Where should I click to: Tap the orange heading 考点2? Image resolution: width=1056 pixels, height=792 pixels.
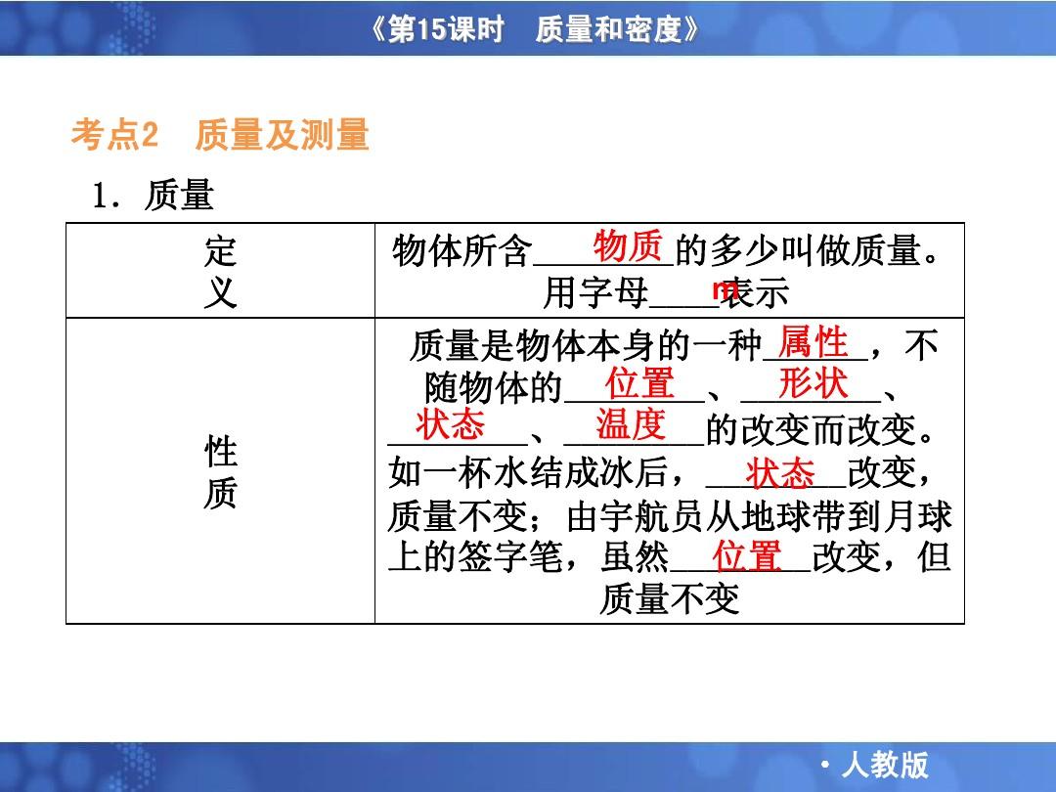click(x=114, y=134)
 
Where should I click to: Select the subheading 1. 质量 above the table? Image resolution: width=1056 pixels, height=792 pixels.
click(x=153, y=196)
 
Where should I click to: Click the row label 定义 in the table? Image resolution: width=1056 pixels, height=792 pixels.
click(x=221, y=272)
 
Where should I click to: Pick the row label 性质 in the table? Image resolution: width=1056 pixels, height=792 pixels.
click(x=221, y=471)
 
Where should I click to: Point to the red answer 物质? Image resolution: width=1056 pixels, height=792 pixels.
click(x=628, y=245)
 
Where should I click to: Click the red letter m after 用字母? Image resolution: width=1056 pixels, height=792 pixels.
click(x=724, y=288)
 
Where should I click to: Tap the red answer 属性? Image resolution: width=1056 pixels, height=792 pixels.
click(x=813, y=341)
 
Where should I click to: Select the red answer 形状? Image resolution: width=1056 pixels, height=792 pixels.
click(x=813, y=383)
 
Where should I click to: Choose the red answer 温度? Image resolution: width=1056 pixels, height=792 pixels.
click(x=631, y=424)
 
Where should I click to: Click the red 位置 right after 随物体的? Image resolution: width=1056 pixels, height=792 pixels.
click(x=639, y=383)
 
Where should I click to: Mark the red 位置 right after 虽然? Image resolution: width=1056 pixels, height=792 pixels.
click(x=747, y=556)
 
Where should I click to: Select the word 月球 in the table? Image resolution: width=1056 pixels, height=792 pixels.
click(x=917, y=516)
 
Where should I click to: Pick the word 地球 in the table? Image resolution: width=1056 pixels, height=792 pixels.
click(x=775, y=516)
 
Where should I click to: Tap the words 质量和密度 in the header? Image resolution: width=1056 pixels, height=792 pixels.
click(x=609, y=29)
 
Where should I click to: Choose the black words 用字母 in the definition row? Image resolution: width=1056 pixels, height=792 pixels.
click(x=595, y=293)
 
